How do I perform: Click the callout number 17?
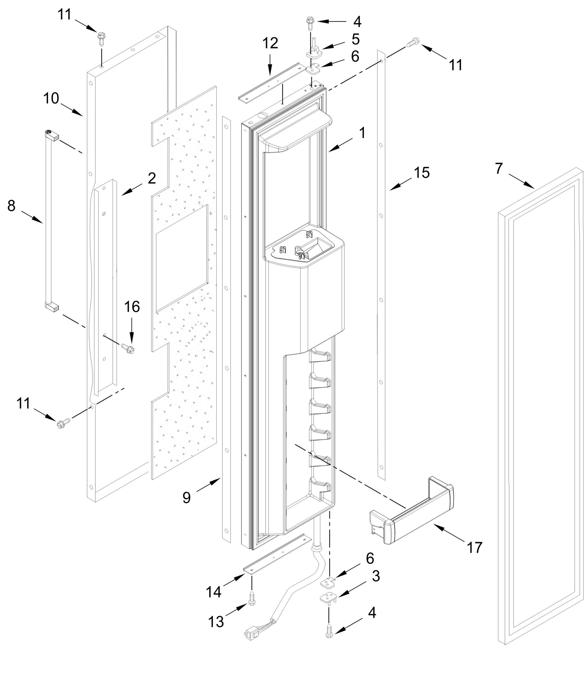(475, 547)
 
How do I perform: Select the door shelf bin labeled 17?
(413, 512)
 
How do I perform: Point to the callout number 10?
(51, 98)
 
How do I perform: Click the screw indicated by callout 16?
(128, 348)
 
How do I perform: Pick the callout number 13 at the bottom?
(216, 622)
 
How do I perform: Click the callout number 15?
(422, 173)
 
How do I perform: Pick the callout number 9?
(186, 498)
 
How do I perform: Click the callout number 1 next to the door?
(362, 133)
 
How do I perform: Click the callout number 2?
(152, 178)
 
